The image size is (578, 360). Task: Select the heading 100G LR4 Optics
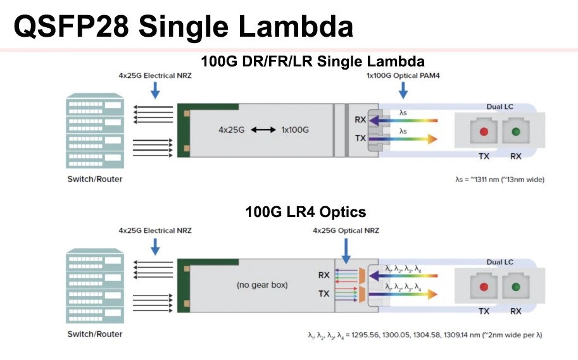(306, 212)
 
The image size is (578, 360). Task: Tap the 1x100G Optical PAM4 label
(403, 75)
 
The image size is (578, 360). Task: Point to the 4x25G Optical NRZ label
(346, 230)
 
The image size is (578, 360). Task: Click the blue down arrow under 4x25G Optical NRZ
(346, 249)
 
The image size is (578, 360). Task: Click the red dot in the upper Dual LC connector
(484, 132)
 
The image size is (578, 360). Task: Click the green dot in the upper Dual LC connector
(516, 132)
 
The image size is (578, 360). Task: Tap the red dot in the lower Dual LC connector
(484, 287)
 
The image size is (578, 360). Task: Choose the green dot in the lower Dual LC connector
(516, 287)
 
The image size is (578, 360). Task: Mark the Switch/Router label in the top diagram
(95, 179)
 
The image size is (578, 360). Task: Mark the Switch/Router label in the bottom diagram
(95, 333)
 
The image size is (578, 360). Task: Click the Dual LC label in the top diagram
(500, 107)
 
